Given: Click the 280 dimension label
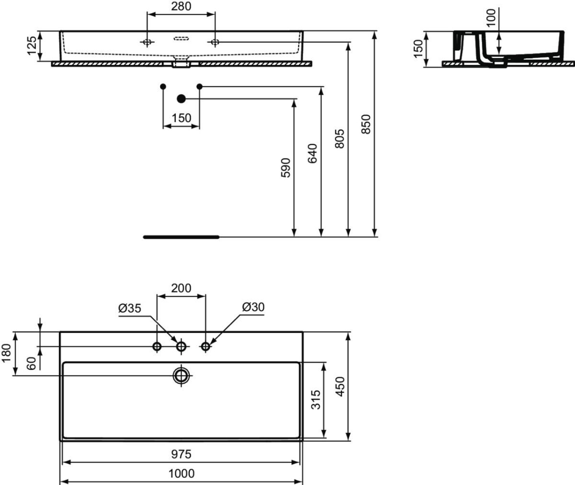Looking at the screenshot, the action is [181, 6].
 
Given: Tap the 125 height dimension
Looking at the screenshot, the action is [32, 45].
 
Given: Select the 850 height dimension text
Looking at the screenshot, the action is [366, 124].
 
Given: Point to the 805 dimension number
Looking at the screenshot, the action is [340, 139].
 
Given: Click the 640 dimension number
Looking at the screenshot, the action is [312, 153].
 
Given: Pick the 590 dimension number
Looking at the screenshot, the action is [286, 168].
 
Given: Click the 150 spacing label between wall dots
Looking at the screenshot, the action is [181, 118].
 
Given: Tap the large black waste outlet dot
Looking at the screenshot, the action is [181, 99].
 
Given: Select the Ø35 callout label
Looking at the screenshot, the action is [130, 308].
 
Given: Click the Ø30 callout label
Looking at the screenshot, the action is [253, 307].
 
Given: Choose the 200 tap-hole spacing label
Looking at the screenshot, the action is [181, 288].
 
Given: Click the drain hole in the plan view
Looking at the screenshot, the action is [181, 375].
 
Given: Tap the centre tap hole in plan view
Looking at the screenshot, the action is [181, 347].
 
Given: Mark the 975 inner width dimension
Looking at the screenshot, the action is [181, 454].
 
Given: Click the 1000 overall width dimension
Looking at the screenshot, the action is [181, 474].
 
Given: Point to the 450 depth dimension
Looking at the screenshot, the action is [340, 386].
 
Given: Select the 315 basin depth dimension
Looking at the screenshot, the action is [316, 399].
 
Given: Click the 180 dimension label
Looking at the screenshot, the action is [6, 353].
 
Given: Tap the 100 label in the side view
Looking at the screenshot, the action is [491, 18].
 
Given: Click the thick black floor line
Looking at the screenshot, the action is [181, 237].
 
